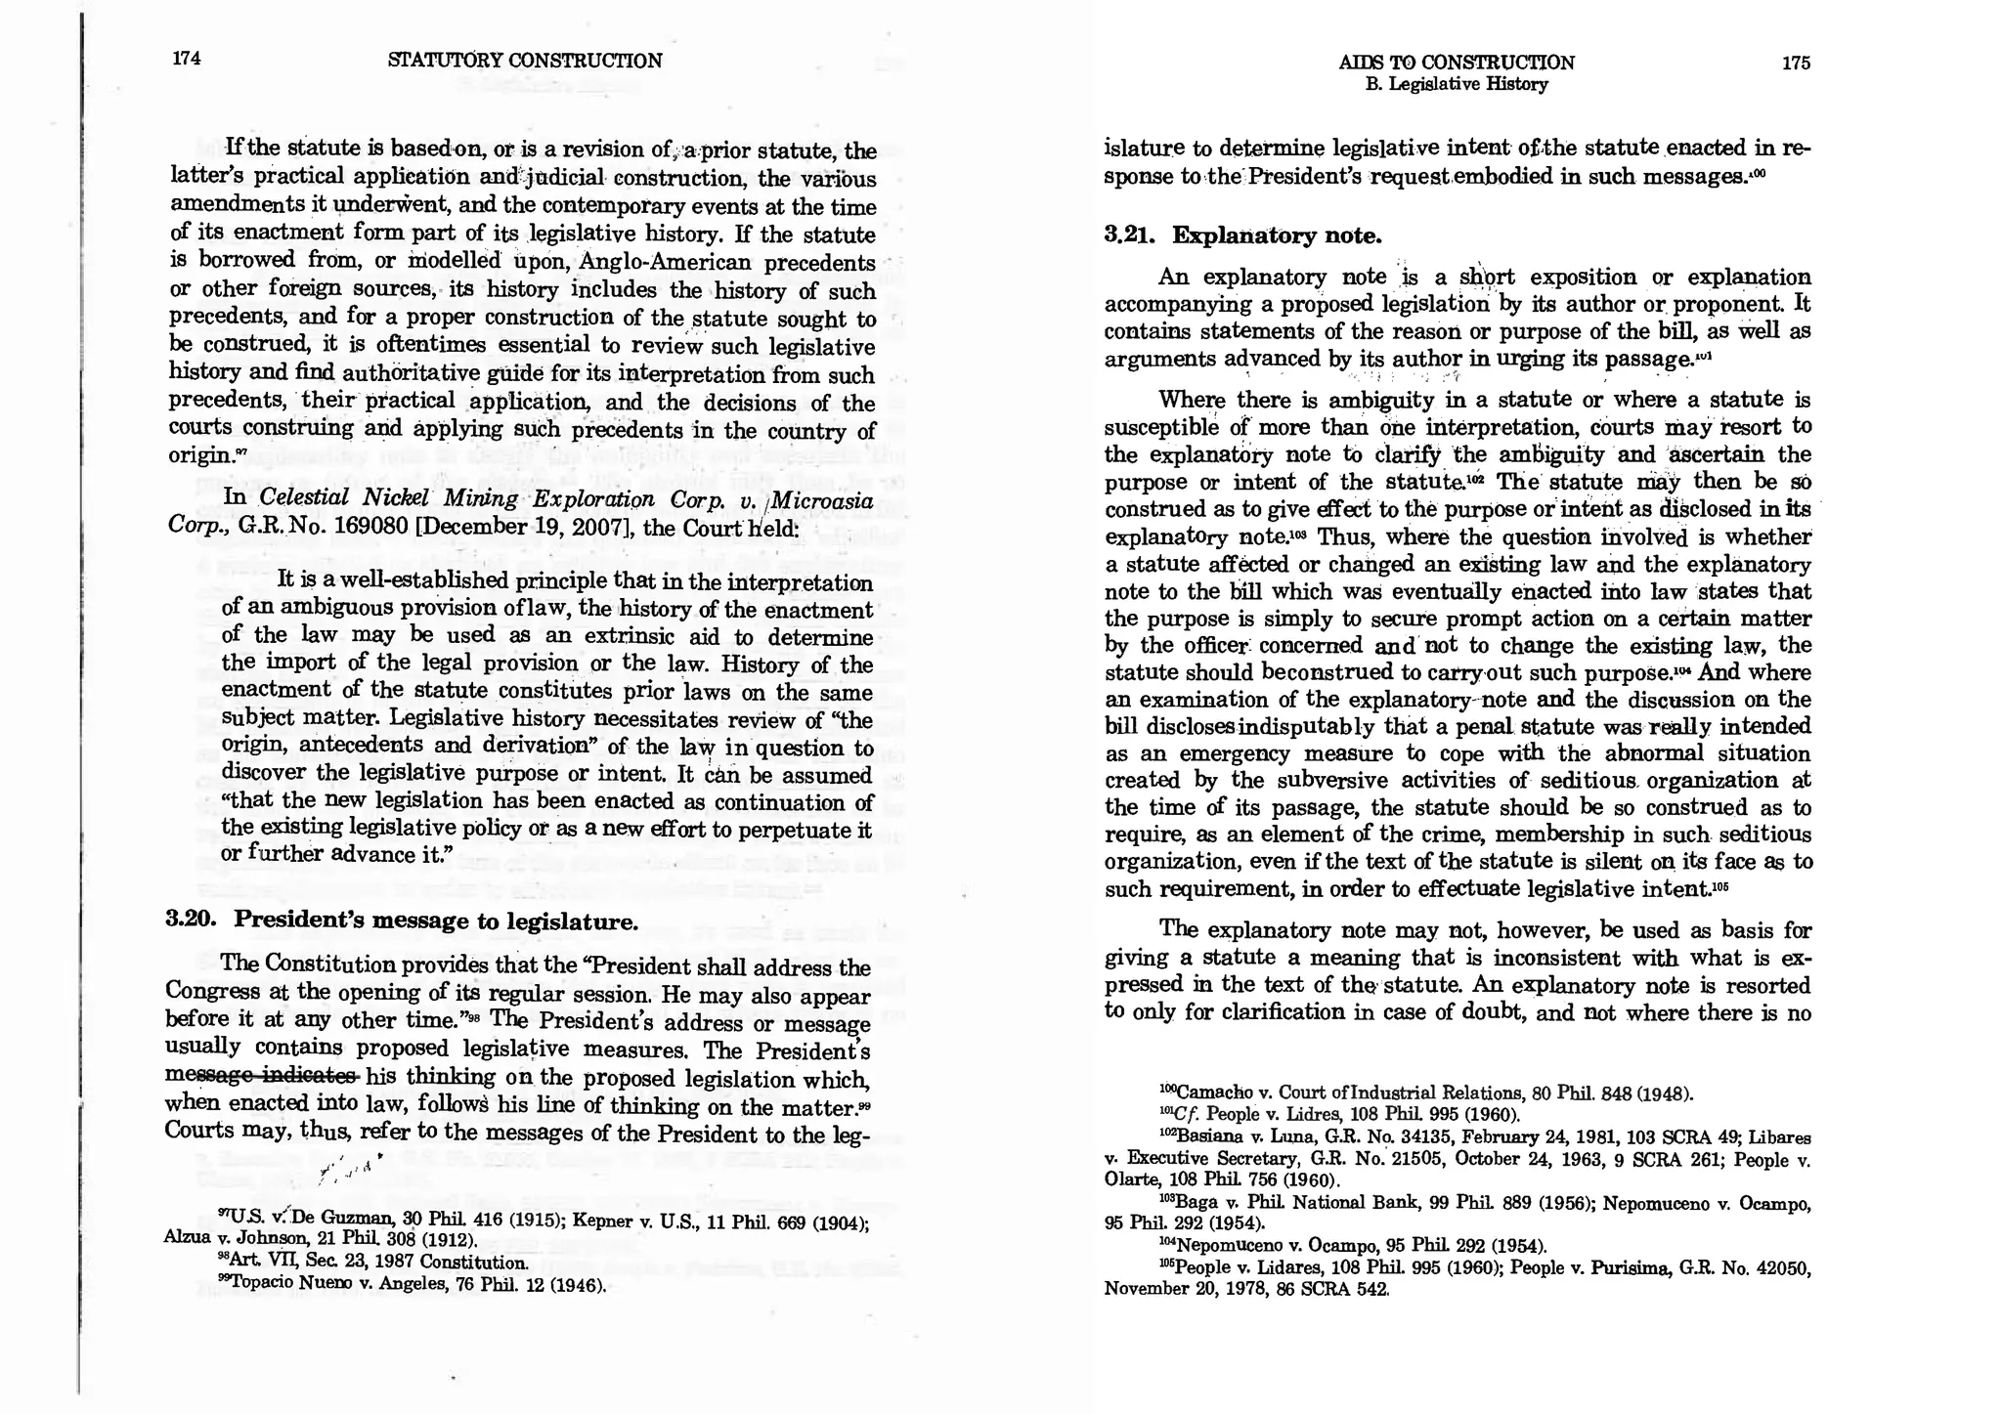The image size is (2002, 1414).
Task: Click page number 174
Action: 186,58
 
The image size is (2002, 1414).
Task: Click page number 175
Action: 1796,63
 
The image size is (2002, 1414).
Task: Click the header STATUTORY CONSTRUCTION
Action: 525,61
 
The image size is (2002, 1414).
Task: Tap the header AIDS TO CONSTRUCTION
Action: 1456,63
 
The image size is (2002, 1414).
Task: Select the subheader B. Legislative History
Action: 1456,85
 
